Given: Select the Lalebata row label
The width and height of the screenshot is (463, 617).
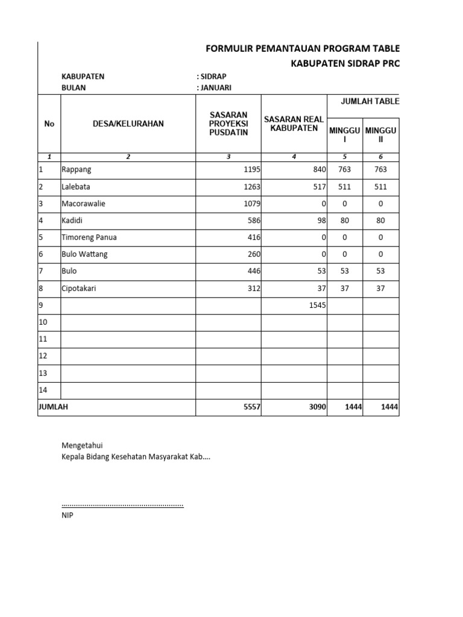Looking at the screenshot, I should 76,187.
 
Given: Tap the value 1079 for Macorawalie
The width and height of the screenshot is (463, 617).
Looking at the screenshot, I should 251,204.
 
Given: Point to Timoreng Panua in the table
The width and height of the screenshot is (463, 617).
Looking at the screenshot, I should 89,237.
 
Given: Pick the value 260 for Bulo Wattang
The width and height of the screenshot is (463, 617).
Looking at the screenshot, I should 253,254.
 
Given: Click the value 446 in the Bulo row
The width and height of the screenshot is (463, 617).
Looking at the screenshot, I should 253,271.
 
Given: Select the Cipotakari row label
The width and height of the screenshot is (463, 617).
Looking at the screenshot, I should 79,289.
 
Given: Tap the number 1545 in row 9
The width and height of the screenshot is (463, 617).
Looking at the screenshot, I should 317,305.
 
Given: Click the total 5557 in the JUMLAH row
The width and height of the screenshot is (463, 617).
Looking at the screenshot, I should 251,407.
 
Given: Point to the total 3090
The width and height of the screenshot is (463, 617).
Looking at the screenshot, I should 317,407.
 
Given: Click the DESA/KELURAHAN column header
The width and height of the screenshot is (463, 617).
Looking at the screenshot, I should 128,124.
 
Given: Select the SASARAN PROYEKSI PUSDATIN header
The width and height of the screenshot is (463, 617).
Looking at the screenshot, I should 228,124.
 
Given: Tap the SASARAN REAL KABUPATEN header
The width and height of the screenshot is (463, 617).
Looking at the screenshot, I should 294,124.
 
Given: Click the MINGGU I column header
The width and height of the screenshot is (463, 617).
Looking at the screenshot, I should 344,134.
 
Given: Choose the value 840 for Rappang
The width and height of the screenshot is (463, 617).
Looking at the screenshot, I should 319,170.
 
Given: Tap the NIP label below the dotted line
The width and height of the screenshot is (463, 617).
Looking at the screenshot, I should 67,515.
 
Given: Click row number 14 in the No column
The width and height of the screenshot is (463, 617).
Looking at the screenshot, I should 43,390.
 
